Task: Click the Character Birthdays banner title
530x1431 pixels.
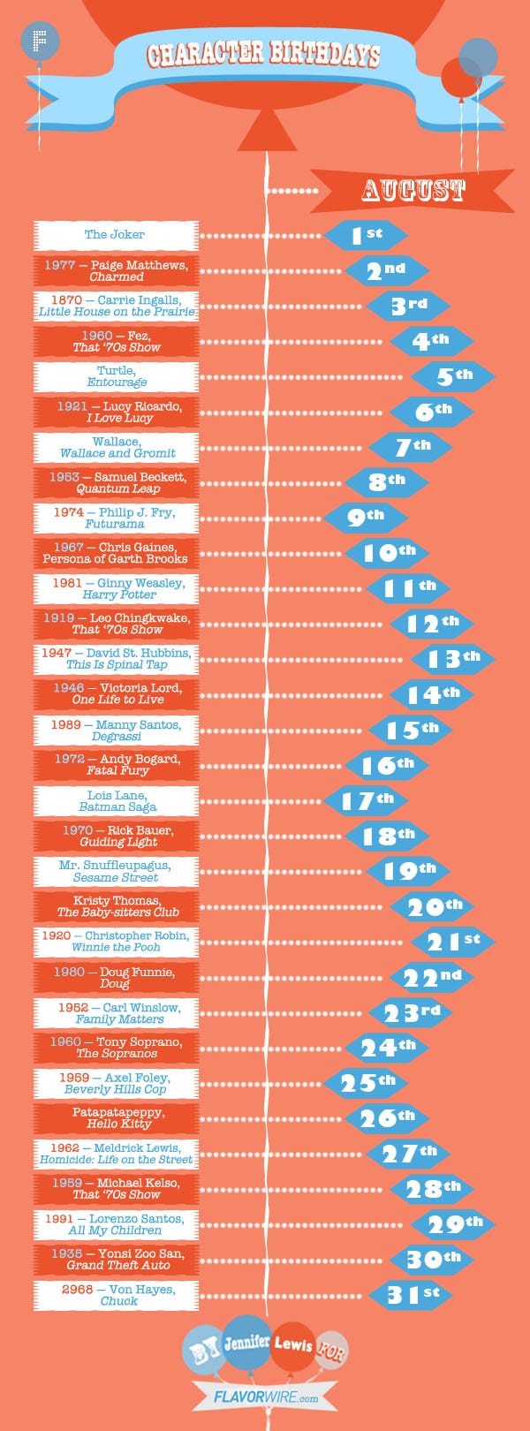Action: pyautogui.click(x=263, y=56)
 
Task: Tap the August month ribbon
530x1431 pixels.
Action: pyautogui.click(x=413, y=190)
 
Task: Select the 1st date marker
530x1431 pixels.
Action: pyautogui.click(x=366, y=235)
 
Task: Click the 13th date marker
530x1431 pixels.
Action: pyautogui.click(x=453, y=659)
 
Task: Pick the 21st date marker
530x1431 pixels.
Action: pyautogui.click(x=453, y=942)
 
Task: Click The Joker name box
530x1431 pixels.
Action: pyautogui.click(x=116, y=235)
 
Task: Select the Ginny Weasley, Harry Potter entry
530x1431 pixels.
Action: pyautogui.click(x=116, y=588)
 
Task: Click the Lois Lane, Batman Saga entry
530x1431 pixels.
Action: pyautogui.click(x=116, y=800)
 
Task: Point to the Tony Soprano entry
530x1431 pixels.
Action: pyautogui.click(x=116, y=1048)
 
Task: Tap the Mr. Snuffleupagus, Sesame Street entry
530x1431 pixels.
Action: pyautogui.click(x=116, y=871)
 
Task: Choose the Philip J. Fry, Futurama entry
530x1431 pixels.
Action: pyautogui.click(x=116, y=518)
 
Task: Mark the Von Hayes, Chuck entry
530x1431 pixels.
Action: pyautogui.click(x=116, y=1295)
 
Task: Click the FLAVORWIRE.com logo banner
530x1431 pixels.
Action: pyautogui.click(x=266, y=1397)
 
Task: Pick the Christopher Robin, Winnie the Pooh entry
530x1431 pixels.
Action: pyautogui.click(x=116, y=942)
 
